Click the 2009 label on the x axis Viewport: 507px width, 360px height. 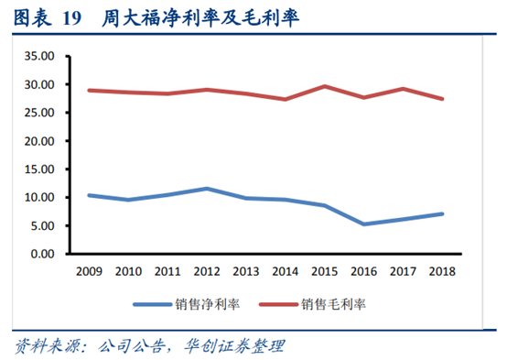coord(90,271)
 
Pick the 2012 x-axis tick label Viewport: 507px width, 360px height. coord(207,271)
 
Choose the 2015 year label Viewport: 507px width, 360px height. coord(325,271)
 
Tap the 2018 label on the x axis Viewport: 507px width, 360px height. coord(442,271)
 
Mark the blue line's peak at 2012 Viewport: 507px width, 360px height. coord(207,189)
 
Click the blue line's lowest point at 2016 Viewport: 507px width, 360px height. coord(364,224)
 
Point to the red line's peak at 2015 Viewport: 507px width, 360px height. coord(325,86)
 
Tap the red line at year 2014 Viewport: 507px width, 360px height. coord(286,99)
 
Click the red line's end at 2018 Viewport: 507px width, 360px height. coord(442,99)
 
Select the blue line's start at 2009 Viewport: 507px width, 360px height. coord(90,195)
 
